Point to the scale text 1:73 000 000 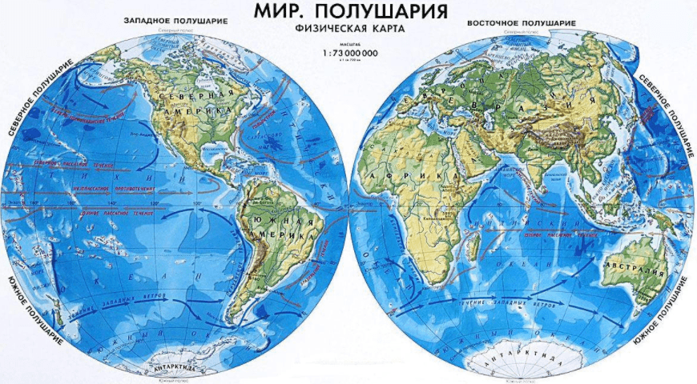coord(348,54)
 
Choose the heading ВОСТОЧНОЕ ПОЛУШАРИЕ coord(522,22)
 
